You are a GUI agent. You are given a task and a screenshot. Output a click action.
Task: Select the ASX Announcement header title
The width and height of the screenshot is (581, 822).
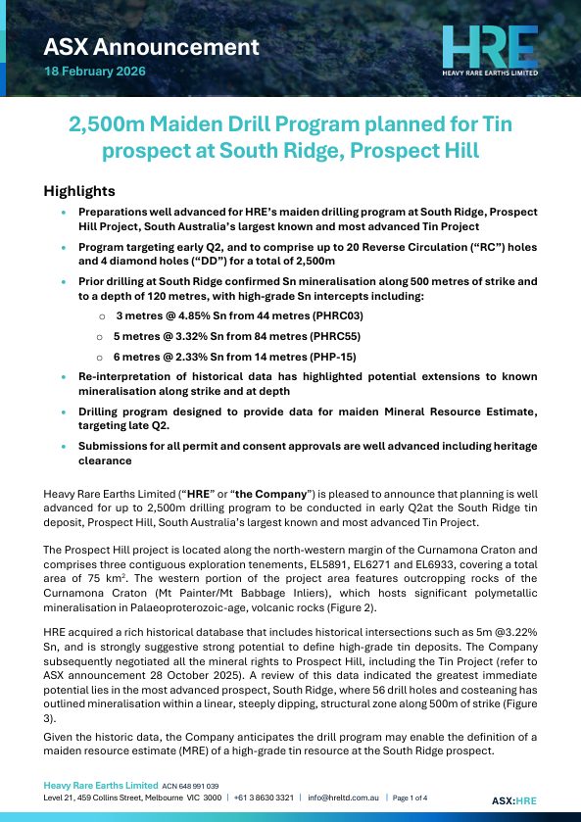[152, 46]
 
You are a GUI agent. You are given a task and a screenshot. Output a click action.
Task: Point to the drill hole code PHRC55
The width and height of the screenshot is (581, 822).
[303, 336]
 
